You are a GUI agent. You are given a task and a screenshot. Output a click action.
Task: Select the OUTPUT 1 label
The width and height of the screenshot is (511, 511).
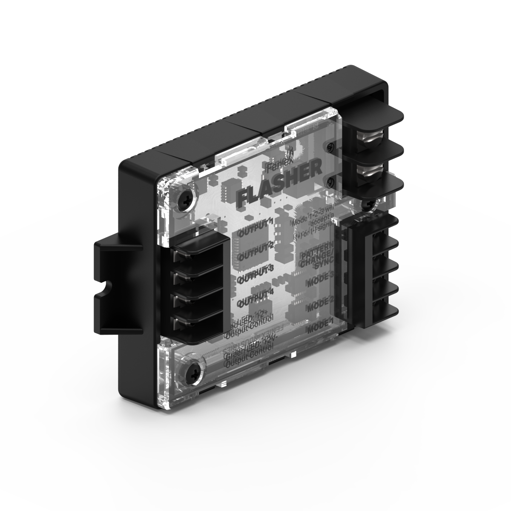pos(255,228)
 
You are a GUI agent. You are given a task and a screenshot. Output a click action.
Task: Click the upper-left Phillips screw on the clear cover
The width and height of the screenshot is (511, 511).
pos(188,197)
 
